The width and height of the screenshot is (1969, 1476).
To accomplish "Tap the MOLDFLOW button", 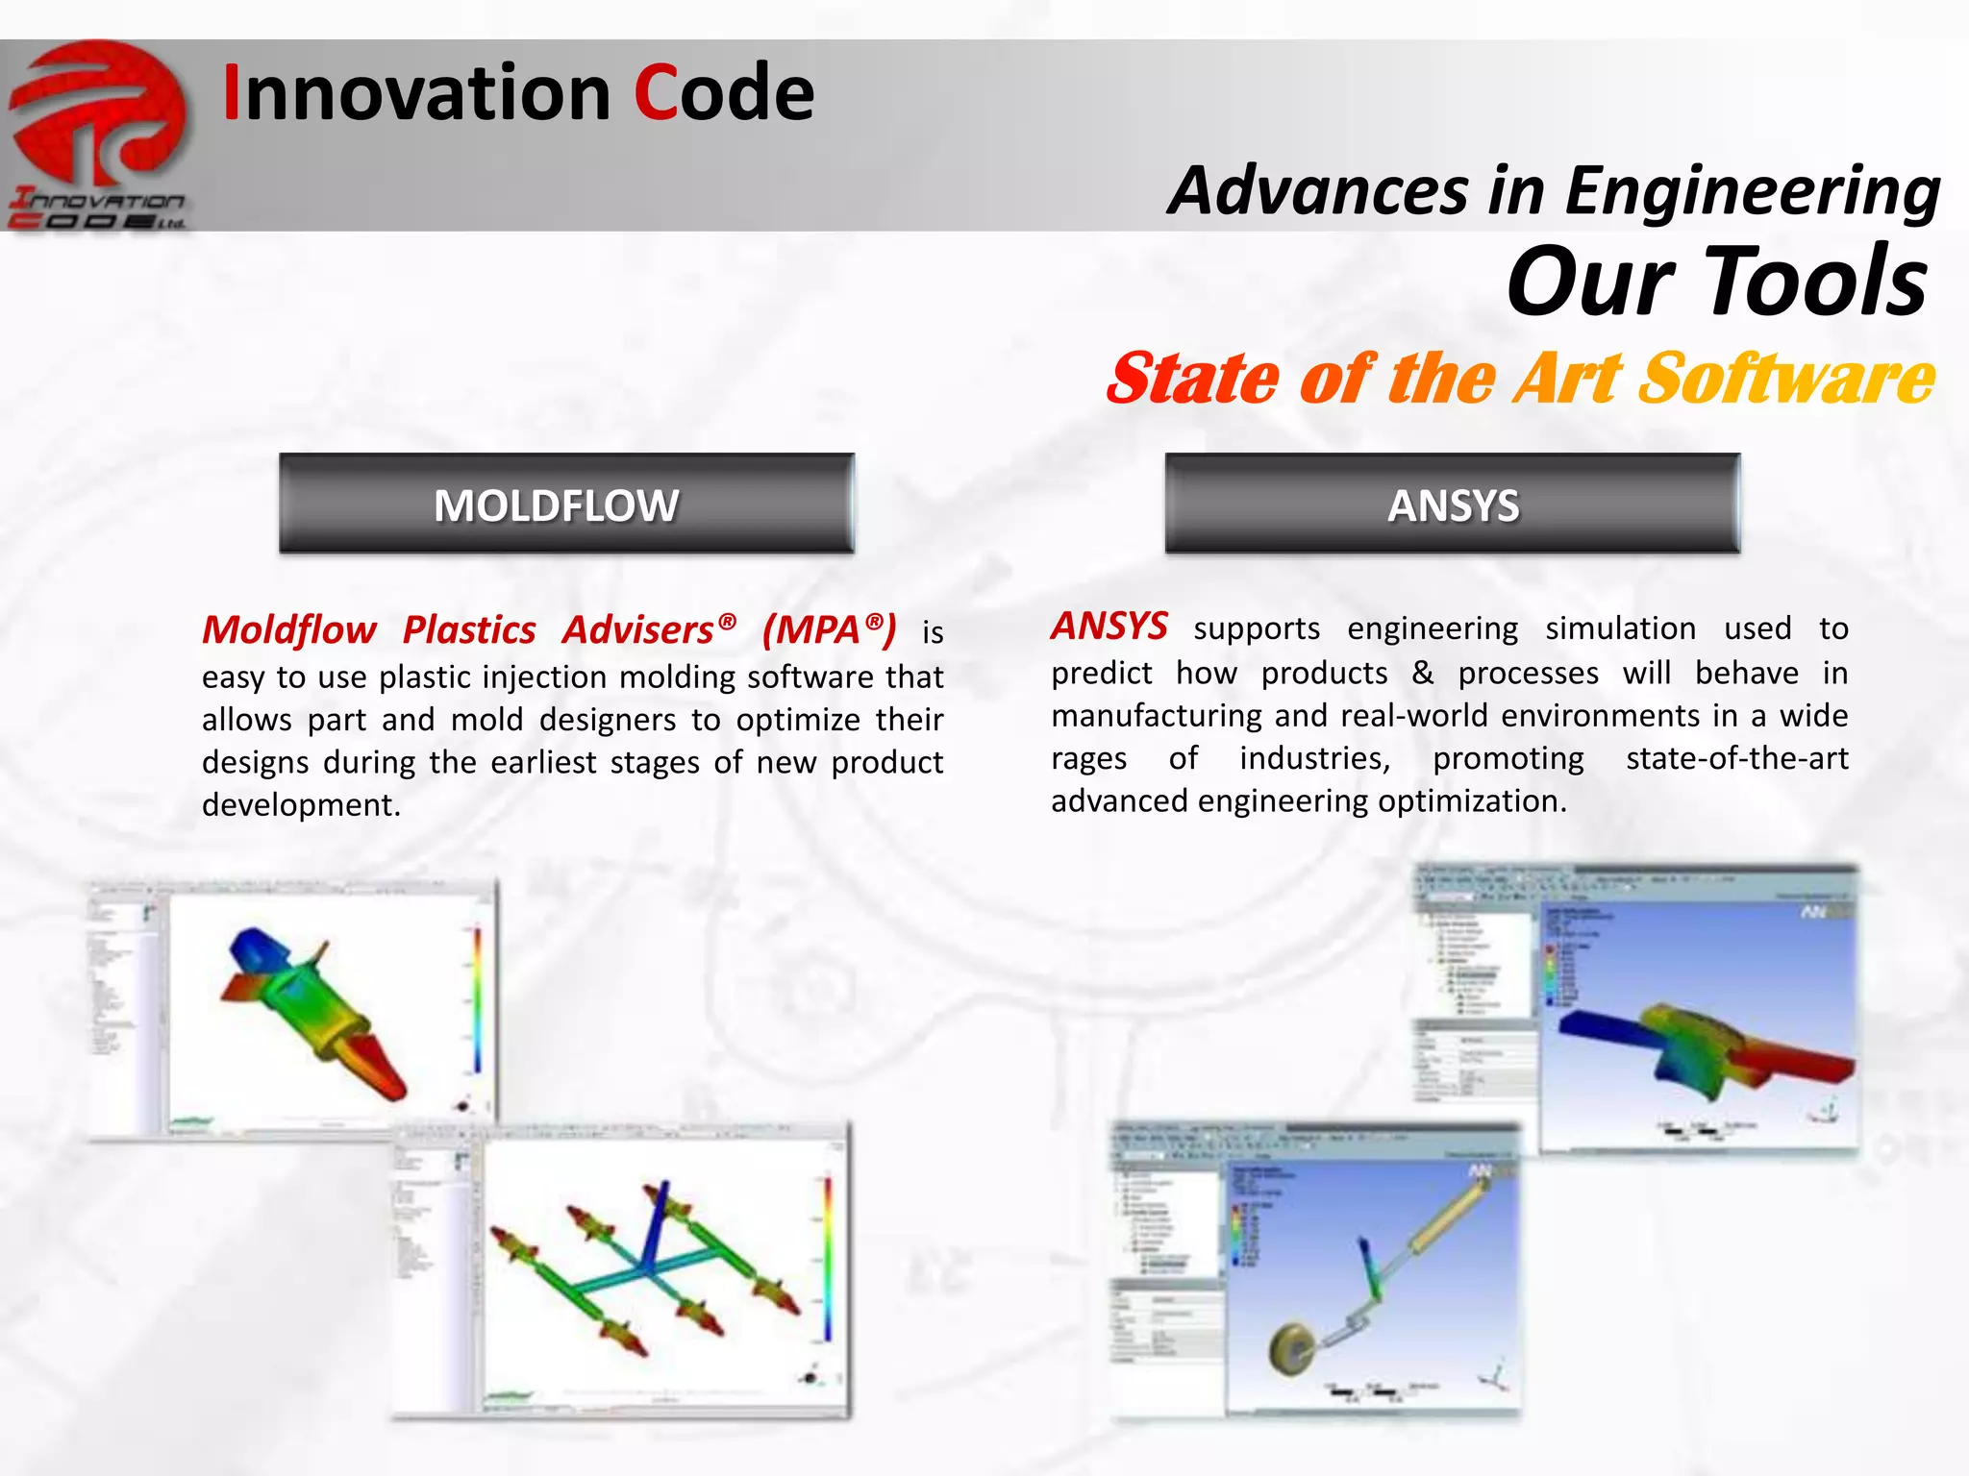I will pos(566,504).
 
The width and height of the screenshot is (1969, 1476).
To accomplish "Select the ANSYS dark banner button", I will pos(1453,504).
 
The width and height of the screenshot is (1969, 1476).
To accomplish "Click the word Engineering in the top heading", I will pos(1752,190).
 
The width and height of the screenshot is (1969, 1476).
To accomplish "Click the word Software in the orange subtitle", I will pos(1786,378).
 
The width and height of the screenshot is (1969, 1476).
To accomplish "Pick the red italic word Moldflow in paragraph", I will pos(288,630).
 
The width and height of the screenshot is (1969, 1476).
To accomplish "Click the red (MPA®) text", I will pos(829,630).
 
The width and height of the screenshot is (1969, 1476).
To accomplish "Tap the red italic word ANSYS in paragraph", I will pos(1109,627).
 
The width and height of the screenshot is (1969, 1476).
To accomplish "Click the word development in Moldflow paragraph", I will pos(300,805).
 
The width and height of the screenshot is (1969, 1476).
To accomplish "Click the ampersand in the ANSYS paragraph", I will pos(1422,673).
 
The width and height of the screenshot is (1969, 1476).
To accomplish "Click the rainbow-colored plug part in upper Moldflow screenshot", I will pos(317,1009).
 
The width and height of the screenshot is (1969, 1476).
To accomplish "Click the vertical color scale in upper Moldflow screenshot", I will pos(477,999).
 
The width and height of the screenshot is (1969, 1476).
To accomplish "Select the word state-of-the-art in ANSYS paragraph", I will pos(1736,758).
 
